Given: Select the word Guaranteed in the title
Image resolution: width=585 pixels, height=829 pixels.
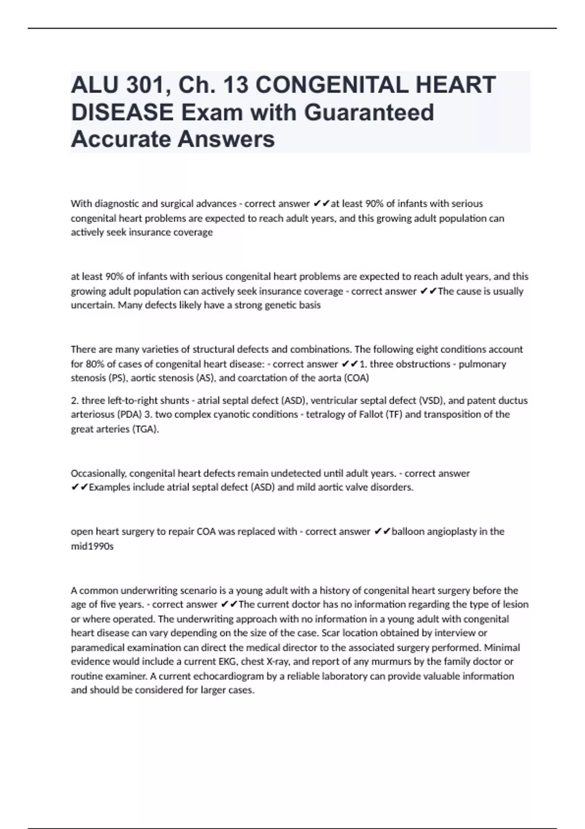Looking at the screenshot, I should tap(369, 113).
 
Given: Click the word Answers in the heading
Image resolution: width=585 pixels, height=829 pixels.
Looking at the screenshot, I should tap(226, 139).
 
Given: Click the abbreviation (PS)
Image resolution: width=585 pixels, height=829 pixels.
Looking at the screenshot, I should tap(112, 378).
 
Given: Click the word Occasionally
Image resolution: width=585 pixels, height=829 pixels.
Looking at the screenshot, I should tap(98, 474).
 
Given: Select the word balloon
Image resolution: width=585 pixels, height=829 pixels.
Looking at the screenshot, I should tap(408, 532).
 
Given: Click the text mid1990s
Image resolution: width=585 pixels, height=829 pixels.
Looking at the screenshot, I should tap(92, 546).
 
